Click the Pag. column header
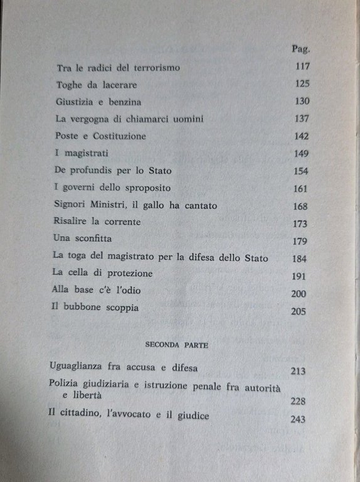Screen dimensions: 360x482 coord(303,48)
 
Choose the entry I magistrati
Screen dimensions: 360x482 coord(80,153)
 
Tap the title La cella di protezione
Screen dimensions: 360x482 coord(103,274)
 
